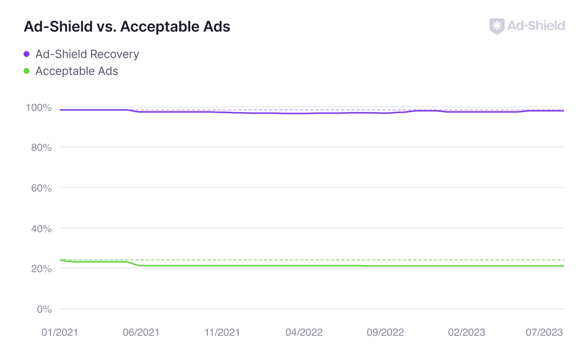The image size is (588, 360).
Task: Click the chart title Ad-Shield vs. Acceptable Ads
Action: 127,26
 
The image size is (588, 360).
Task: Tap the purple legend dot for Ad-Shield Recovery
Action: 27,54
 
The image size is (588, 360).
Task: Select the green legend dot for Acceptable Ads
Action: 27,71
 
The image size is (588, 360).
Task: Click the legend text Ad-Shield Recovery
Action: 87,54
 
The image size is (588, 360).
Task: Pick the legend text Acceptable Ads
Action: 76,71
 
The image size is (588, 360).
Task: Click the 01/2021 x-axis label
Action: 60,333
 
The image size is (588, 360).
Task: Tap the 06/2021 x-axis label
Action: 141,333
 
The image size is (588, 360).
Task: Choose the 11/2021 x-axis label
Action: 222,333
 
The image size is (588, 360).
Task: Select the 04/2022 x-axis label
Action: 304,333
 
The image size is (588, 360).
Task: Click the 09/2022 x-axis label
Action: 385,333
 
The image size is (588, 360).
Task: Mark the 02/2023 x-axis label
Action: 466,333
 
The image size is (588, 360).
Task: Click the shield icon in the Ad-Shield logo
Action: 497,26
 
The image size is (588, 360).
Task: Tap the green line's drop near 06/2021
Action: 134,264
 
